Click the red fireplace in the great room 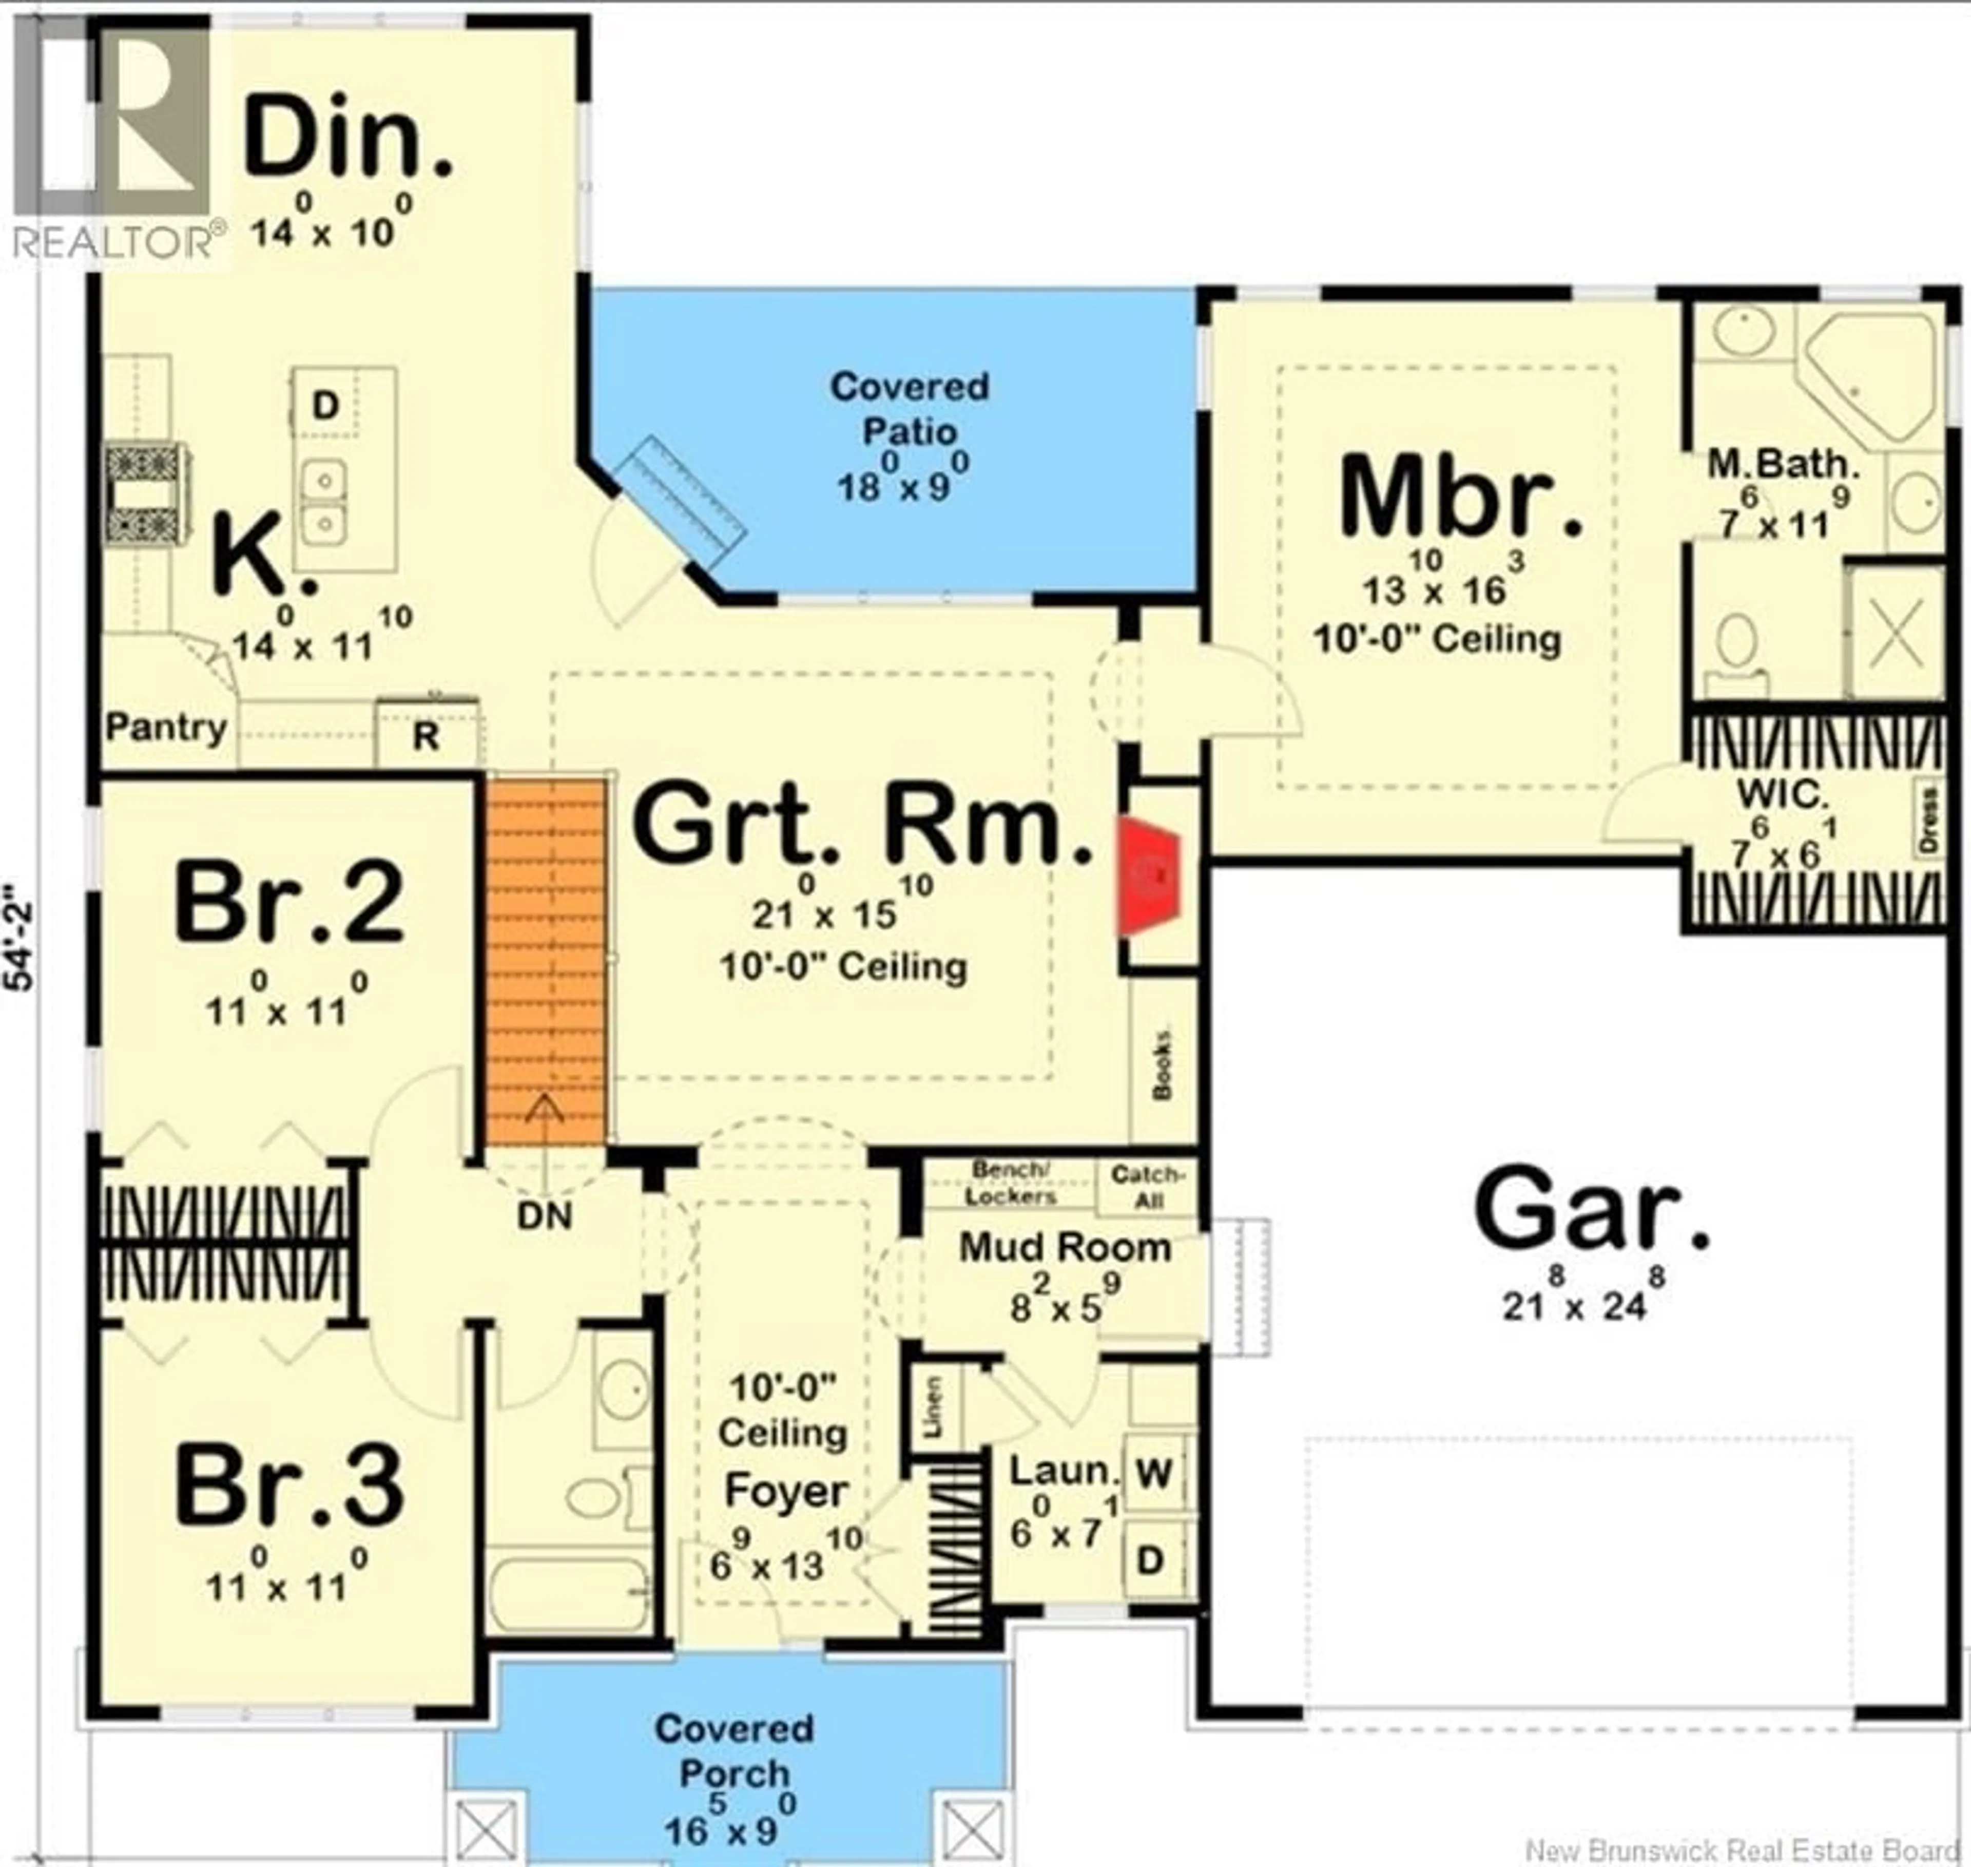click(1150, 876)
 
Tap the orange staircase click(545, 960)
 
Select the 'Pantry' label click(166, 728)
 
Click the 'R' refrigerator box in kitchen click(426, 735)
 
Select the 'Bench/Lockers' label click(1009, 1183)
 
